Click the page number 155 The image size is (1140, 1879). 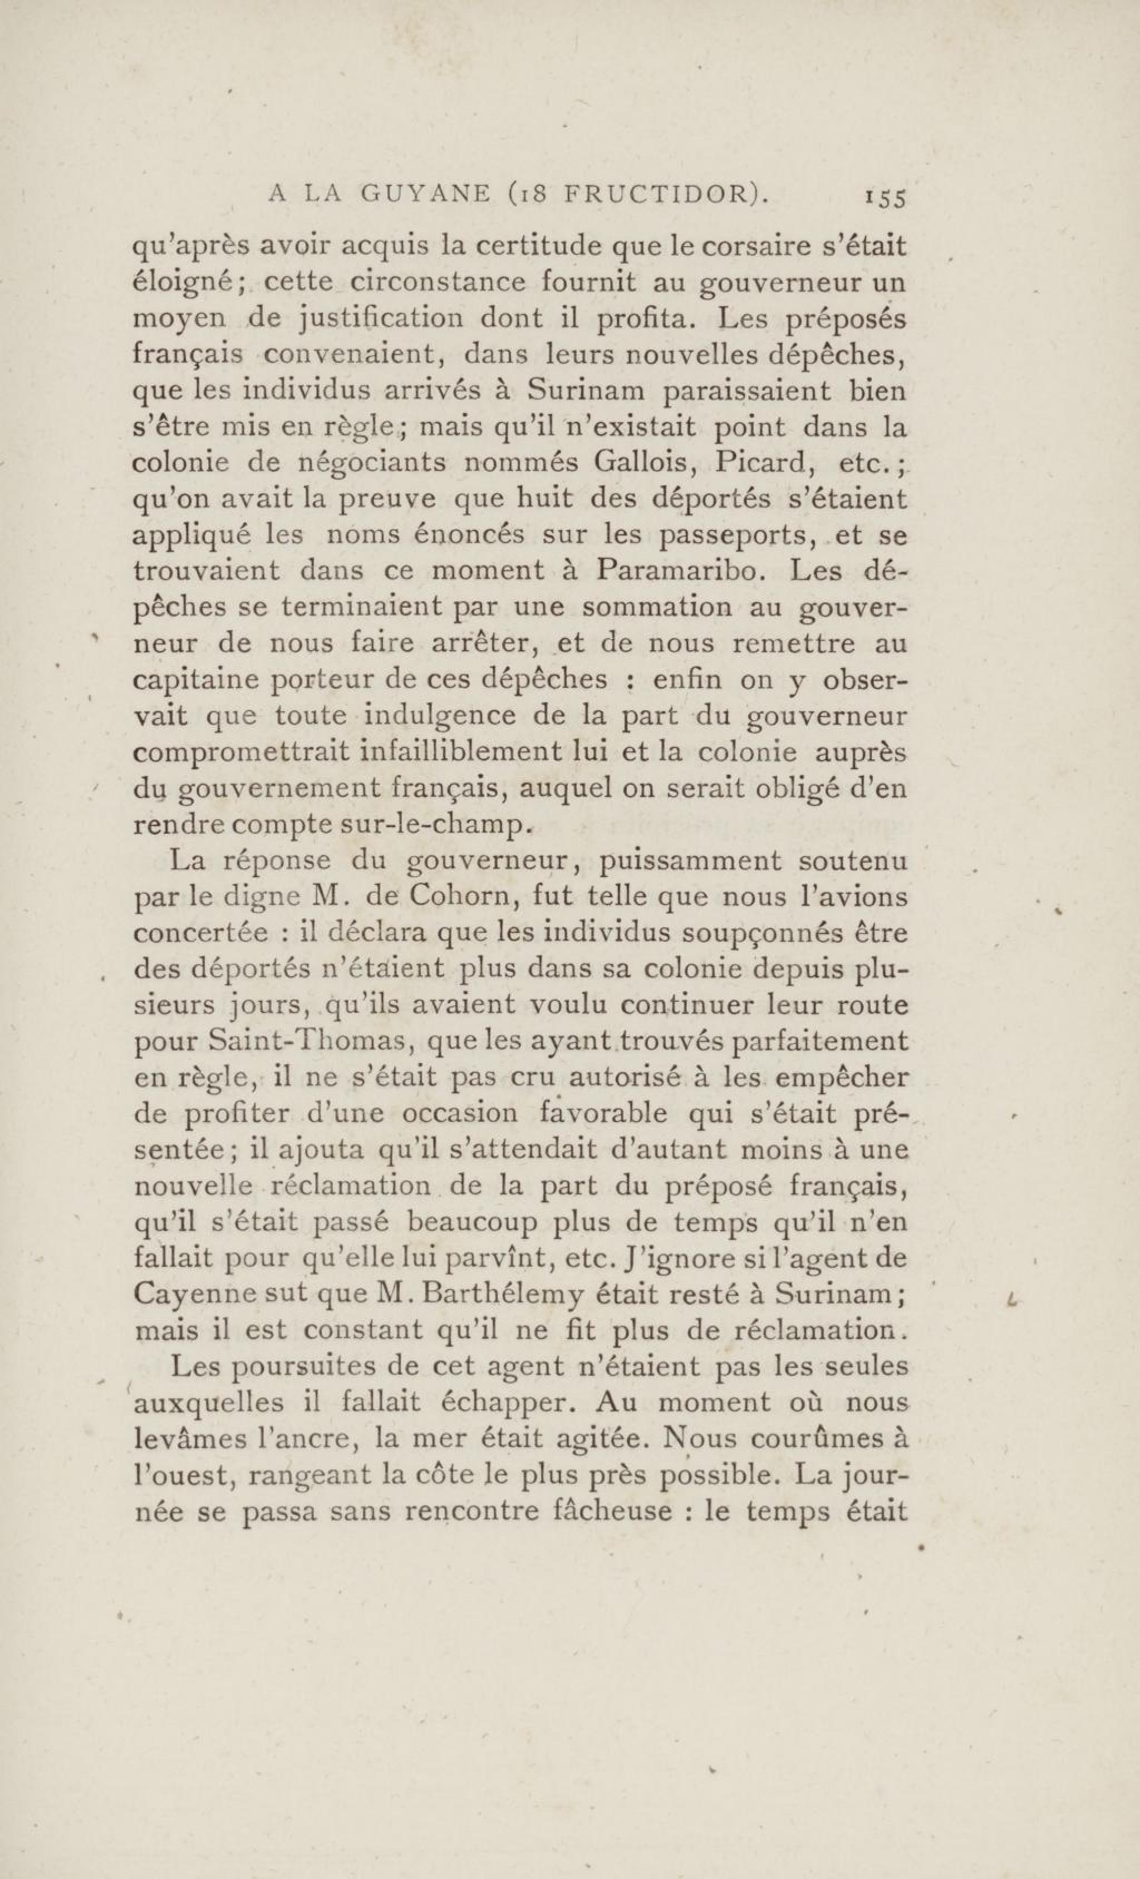(884, 198)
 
